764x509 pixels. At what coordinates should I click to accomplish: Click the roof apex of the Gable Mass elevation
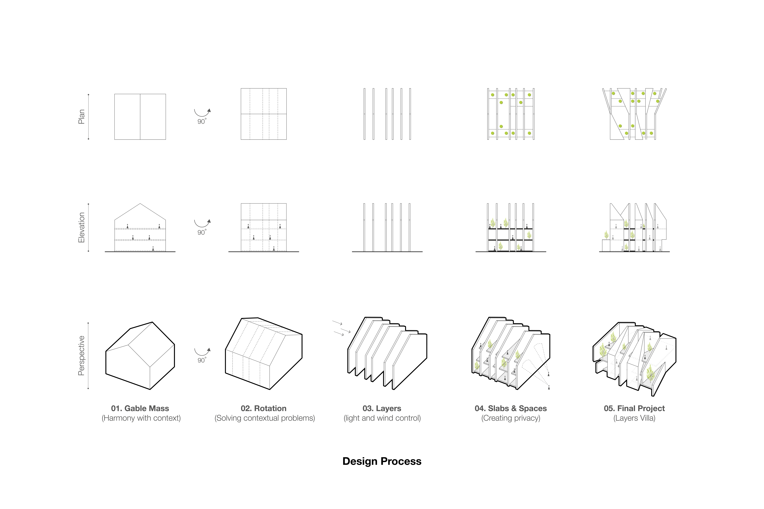(140, 203)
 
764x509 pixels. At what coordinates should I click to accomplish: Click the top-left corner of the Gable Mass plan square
(115, 94)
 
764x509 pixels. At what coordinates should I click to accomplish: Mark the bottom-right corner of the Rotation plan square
(286, 140)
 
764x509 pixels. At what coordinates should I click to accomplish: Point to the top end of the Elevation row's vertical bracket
(88, 204)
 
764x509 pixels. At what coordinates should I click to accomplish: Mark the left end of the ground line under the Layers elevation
(352, 252)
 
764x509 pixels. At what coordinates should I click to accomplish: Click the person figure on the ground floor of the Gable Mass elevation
(153, 249)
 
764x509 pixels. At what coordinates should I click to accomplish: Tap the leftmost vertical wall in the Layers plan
(364, 114)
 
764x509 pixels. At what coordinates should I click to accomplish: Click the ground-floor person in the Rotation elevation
(274, 249)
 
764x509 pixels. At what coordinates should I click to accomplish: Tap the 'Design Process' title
(382, 461)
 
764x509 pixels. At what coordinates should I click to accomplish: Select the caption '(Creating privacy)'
(511, 418)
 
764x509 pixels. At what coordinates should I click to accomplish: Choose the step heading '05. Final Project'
(634, 408)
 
